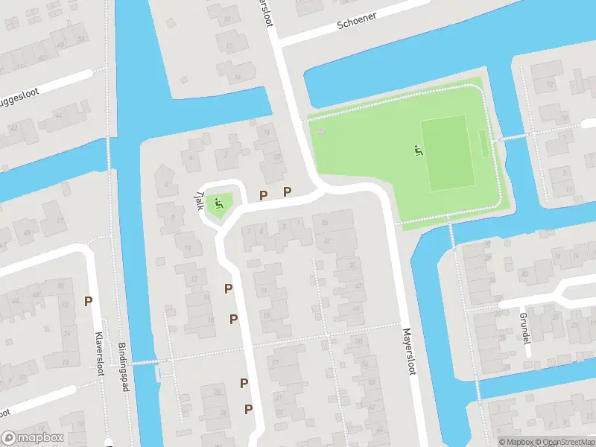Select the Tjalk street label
(199, 197)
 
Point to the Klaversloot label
(98, 354)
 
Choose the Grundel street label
(523, 322)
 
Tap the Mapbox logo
(33, 438)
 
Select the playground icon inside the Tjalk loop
(218, 202)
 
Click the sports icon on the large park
(417, 150)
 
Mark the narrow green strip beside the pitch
(484, 144)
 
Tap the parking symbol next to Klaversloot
(88, 302)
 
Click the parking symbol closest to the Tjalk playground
(263, 195)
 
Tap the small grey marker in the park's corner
(321, 132)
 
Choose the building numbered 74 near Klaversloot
(66, 333)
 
